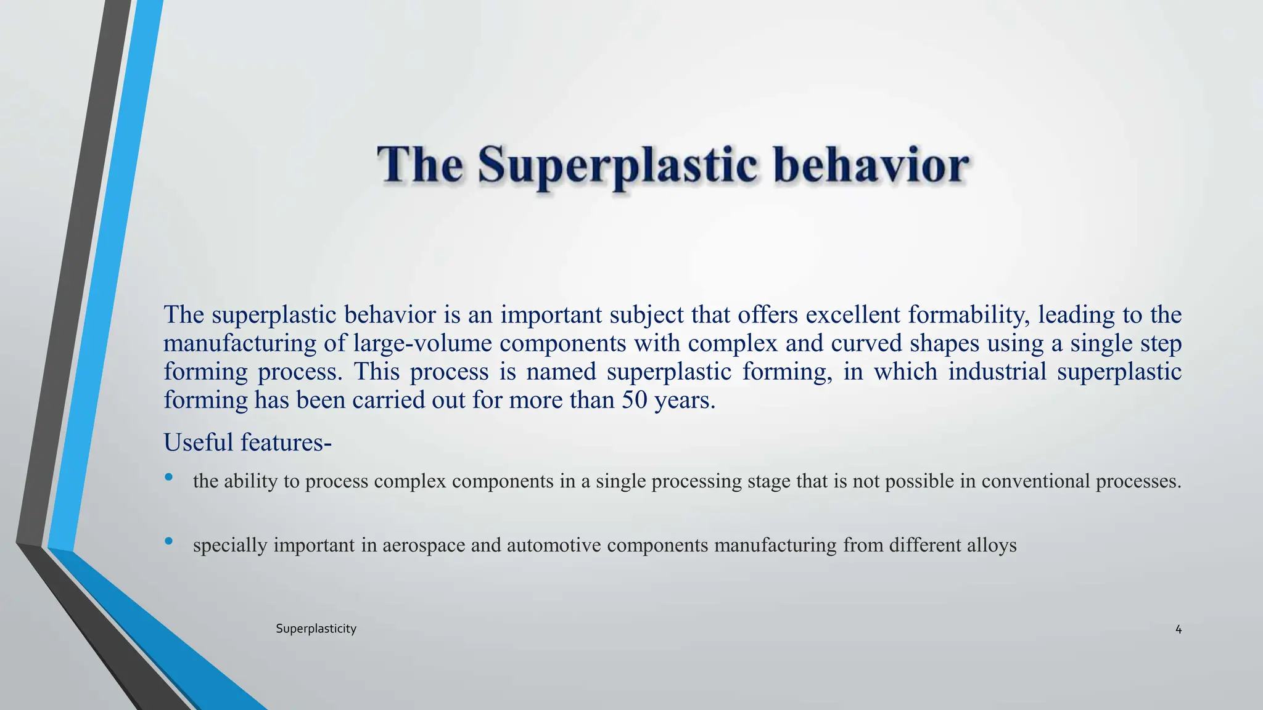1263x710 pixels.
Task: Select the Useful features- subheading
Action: (x=247, y=443)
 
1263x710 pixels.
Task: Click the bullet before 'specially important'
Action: (x=169, y=541)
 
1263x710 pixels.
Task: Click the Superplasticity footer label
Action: (x=316, y=629)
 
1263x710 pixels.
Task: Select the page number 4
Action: (x=1178, y=629)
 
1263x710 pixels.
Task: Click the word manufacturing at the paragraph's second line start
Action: (x=240, y=343)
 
